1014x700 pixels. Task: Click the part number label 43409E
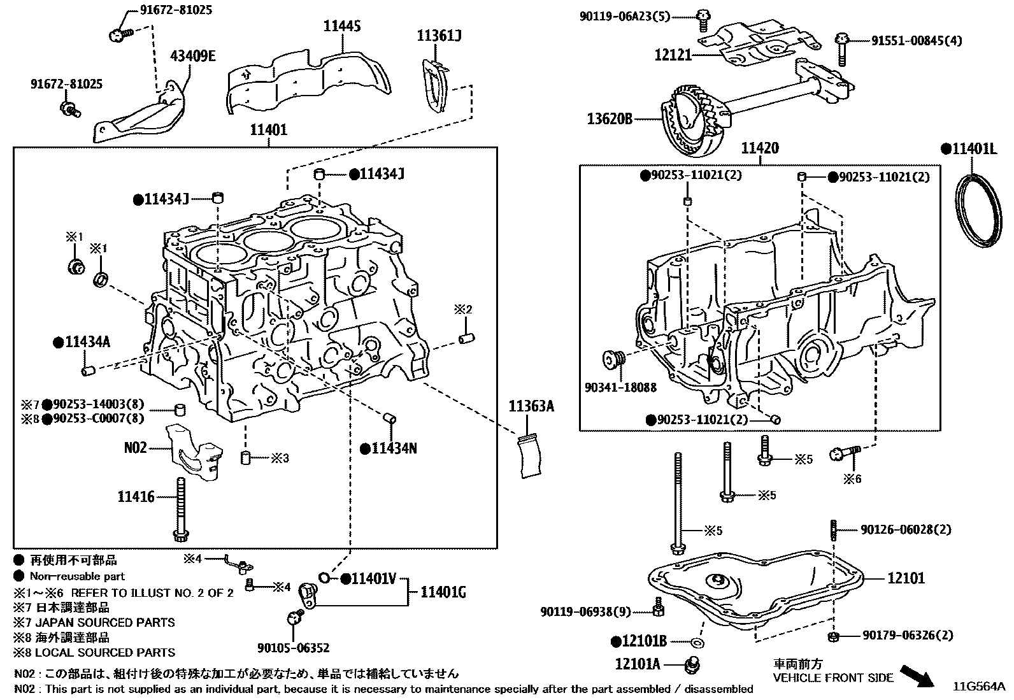pos(192,56)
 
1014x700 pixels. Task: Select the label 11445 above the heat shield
pos(341,26)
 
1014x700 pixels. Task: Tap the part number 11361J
pos(439,36)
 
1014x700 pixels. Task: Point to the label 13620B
pos(610,118)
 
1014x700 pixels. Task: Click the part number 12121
pos(673,55)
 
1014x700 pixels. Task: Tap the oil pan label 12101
pos(906,578)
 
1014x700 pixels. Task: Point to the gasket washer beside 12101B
pos(697,642)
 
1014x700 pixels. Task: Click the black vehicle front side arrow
pos(918,675)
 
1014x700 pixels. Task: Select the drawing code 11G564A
pos(978,687)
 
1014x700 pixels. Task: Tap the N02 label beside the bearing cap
pos(135,448)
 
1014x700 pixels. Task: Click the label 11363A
pos(531,406)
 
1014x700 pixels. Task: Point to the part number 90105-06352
pos(293,648)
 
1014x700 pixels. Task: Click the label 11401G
pos(443,593)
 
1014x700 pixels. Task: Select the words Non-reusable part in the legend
pos(77,576)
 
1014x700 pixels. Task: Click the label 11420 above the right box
pos(759,148)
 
